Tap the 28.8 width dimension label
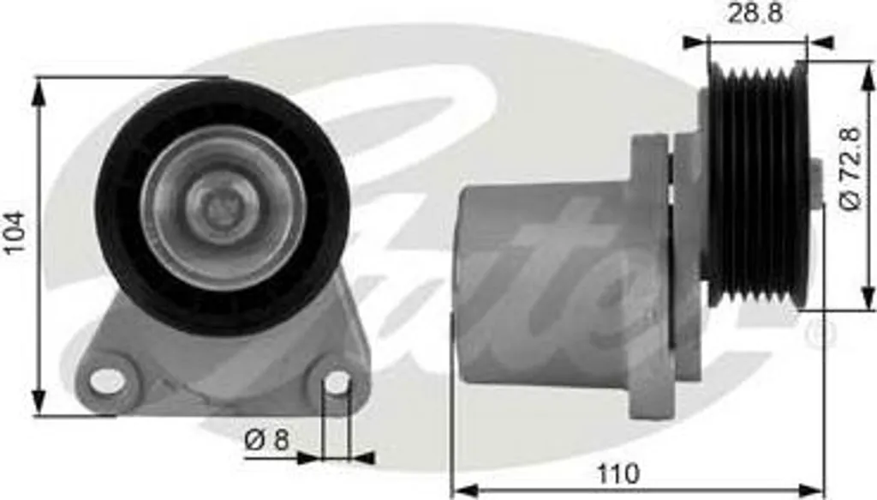tap(755, 14)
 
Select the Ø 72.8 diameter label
tap(850, 169)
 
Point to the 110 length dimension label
tap(618, 473)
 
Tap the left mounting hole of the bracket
tap(107, 381)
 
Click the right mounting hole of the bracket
tap(337, 383)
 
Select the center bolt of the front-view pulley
tap(222, 208)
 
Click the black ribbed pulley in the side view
tap(758, 184)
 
